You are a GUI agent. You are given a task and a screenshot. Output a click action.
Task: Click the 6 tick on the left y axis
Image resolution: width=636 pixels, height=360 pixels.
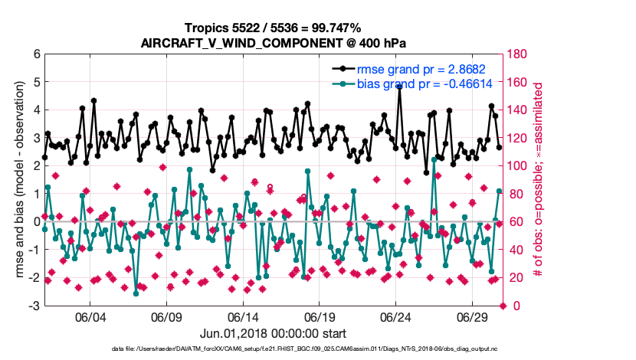pyautogui.click(x=37, y=54)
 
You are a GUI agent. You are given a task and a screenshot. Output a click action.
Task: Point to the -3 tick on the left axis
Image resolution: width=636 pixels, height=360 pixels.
pyautogui.click(x=34, y=306)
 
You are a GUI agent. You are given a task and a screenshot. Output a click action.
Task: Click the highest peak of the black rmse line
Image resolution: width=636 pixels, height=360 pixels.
pyautogui.click(x=400, y=87)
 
